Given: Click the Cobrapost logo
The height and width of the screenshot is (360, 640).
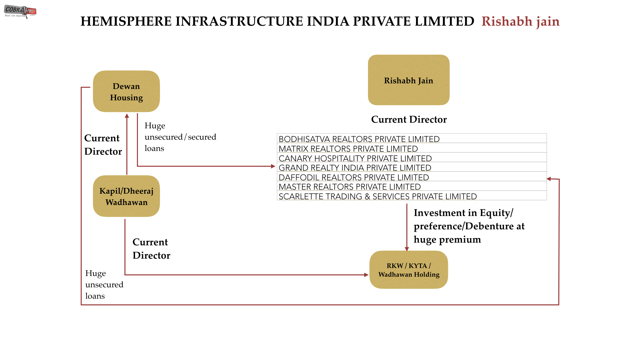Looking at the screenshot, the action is click(x=20, y=12).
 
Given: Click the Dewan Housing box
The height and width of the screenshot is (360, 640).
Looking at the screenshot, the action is click(x=126, y=91).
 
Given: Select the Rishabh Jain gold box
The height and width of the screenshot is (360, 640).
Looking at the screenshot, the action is click(x=409, y=80).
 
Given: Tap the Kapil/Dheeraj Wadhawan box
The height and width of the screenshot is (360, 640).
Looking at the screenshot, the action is click(x=126, y=196).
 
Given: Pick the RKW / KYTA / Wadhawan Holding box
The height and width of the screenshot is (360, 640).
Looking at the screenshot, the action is click(x=409, y=270).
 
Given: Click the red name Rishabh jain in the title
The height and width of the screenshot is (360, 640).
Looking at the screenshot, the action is click(x=520, y=21).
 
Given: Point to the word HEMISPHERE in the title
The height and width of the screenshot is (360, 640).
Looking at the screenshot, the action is click(x=125, y=21).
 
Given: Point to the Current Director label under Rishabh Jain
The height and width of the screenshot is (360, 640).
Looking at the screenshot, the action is click(x=409, y=119).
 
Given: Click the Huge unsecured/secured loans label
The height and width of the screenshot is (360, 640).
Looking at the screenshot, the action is click(x=180, y=137).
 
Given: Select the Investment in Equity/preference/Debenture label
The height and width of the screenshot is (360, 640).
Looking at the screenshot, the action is click(x=469, y=226).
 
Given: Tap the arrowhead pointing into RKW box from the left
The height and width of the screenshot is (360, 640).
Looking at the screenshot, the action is click(x=366, y=275).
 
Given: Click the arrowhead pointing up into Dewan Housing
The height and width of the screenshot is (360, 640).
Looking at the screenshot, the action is click(x=127, y=116).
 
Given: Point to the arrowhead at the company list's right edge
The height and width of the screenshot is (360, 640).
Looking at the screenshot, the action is click(x=549, y=179).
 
